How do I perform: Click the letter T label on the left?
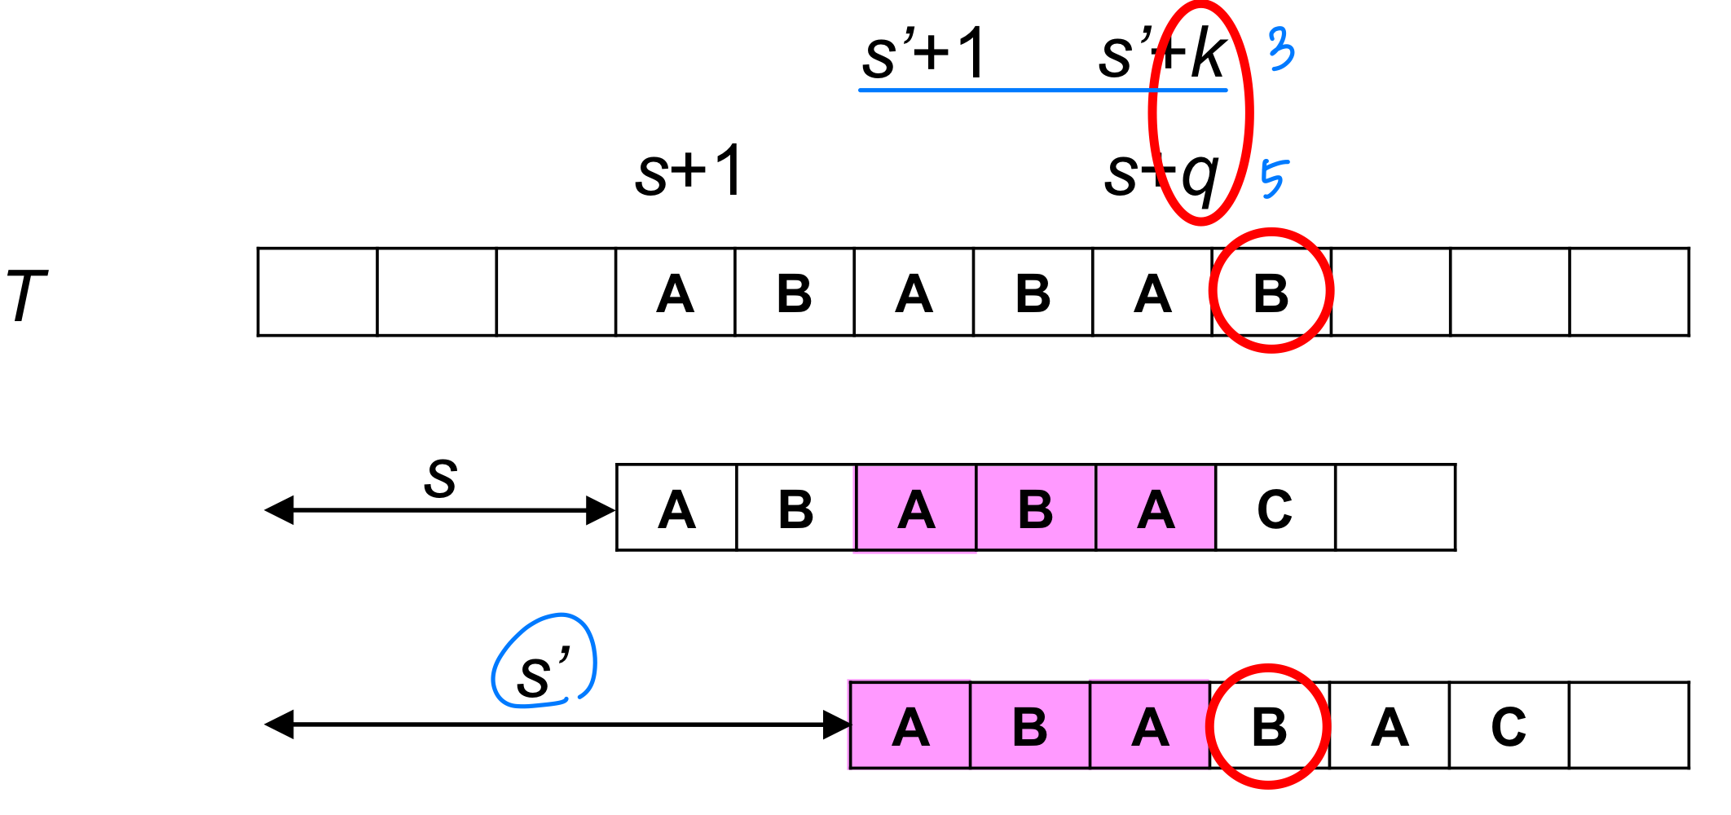tap(26, 295)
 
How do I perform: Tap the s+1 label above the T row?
tap(689, 171)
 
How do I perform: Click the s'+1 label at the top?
tap(924, 54)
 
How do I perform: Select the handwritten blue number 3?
tap(1281, 48)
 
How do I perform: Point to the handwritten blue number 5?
tap(1274, 178)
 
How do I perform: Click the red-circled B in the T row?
tap(1271, 293)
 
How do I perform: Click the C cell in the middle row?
tap(1275, 509)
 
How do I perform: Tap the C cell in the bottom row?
tap(1509, 726)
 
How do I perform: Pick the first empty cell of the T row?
tap(318, 292)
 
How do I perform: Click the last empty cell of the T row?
tap(1628, 292)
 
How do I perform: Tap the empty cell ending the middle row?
tap(1394, 509)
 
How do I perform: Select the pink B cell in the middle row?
tap(1035, 509)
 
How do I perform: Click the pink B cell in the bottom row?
tap(1029, 726)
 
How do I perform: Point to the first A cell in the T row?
tap(675, 293)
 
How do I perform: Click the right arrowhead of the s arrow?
tap(601, 511)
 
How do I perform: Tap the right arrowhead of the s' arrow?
tap(836, 725)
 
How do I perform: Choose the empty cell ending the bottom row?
tap(1628, 726)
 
